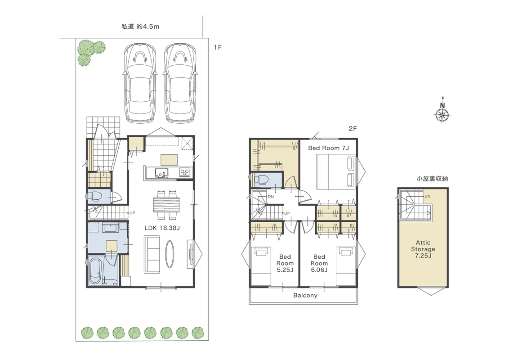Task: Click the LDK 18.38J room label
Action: coord(162,228)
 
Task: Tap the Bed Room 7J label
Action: coord(329,148)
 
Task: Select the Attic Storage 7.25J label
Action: coord(423,249)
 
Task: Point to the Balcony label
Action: coord(305,296)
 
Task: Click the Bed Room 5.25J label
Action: coord(285,264)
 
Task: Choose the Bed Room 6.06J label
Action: coord(319,264)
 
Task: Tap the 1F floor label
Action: coord(218,47)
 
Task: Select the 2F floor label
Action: coord(353,129)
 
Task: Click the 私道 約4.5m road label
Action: coord(141,27)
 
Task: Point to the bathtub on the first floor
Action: coord(96,270)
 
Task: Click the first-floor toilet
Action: coord(94,196)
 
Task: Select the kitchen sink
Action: coord(161,172)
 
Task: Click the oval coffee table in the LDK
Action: coord(170,254)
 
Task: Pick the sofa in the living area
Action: coord(152,255)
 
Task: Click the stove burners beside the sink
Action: coord(185,172)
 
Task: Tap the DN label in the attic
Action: coord(427,197)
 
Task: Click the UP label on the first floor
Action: coord(132,213)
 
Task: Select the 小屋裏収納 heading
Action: coord(433,179)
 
